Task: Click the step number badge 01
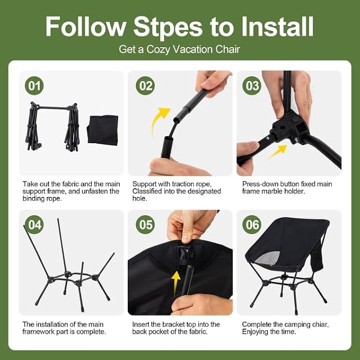(x=34, y=86)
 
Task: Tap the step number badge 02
(x=145, y=86)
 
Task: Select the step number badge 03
(x=252, y=86)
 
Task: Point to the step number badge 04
(x=34, y=225)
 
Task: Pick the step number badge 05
(x=145, y=225)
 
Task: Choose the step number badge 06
(x=252, y=225)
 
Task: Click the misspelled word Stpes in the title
(x=168, y=28)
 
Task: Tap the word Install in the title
(x=277, y=27)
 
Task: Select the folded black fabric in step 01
(x=103, y=130)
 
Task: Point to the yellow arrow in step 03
(x=277, y=152)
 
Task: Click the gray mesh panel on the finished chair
(x=268, y=258)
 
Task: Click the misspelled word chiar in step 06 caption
(x=320, y=324)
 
